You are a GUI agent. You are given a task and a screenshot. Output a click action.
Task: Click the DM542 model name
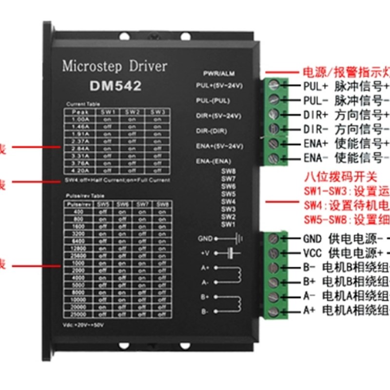point(116,86)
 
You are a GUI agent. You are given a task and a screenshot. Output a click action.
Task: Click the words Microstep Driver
point(115,66)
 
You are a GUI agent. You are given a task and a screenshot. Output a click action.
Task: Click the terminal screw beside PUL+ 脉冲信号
point(275,85)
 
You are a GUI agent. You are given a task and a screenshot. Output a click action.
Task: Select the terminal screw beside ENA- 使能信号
point(275,158)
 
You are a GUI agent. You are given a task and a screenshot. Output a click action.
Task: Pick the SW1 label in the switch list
point(228,224)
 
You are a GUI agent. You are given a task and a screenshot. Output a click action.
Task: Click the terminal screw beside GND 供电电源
point(275,238)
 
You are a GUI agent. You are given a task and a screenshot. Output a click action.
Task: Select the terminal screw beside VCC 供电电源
point(275,253)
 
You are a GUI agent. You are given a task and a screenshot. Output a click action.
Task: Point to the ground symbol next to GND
point(239,238)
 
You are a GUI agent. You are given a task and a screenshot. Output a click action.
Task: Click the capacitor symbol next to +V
point(231,253)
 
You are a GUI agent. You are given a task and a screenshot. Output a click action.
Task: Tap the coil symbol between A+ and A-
point(238,274)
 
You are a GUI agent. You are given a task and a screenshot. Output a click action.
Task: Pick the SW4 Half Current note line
point(117,180)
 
